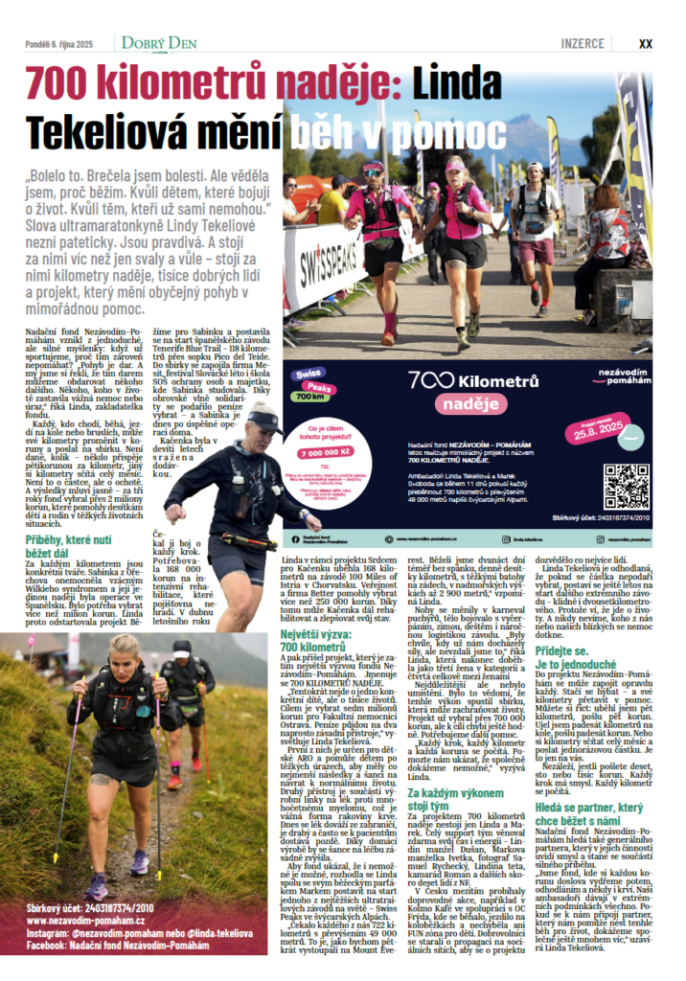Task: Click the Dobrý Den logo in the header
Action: [158, 43]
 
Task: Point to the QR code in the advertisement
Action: [627, 486]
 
